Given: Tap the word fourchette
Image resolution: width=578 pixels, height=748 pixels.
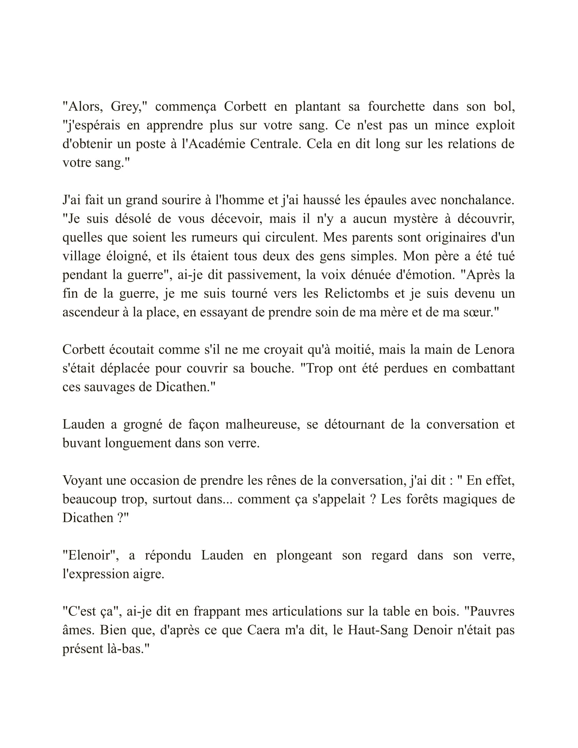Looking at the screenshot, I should coord(396,107).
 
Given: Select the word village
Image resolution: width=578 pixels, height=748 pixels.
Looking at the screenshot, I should coord(81,256).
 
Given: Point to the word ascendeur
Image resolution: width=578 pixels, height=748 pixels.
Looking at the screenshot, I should coord(90,312).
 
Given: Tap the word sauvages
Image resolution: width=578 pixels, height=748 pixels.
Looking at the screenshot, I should coord(105,387).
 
